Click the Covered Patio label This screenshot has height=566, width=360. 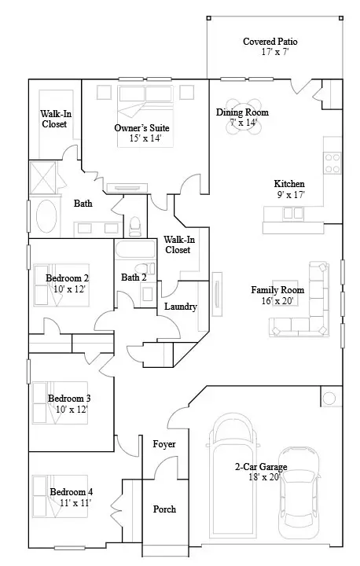pyautogui.click(x=270, y=42)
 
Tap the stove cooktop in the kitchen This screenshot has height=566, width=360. pyautogui.click(x=332, y=164)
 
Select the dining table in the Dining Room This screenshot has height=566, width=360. pyautogui.click(x=244, y=116)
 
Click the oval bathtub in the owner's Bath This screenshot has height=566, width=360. pyautogui.click(x=46, y=216)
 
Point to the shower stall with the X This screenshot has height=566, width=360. pyautogui.click(x=43, y=178)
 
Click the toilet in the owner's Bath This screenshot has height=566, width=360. pyautogui.click(x=135, y=226)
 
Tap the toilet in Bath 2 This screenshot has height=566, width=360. pyautogui.click(x=145, y=269)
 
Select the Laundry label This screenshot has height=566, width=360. pyautogui.click(x=181, y=307)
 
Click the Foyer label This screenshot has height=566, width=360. pyautogui.click(x=164, y=444)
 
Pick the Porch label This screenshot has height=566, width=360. pyautogui.click(x=164, y=509)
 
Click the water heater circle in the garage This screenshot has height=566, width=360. pyautogui.click(x=329, y=399)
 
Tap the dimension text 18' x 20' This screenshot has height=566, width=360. pyautogui.click(x=264, y=477)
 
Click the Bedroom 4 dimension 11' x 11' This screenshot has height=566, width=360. pyautogui.click(x=75, y=502)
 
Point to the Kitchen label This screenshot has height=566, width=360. pyautogui.click(x=289, y=184)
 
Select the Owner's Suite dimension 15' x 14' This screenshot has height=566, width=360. pyautogui.click(x=145, y=138)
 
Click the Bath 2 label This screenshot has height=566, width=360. pyautogui.click(x=134, y=277)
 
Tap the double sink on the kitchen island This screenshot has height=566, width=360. pyautogui.click(x=293, y=213)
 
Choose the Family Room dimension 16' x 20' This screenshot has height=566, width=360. pyautogui.click(x=277, y=300)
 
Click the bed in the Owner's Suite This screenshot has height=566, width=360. pyautogui.click(x=145, y=116)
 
